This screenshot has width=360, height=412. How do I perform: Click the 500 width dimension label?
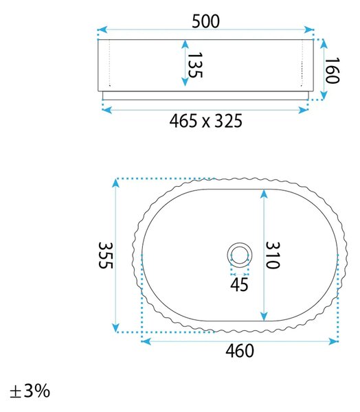(205, 21)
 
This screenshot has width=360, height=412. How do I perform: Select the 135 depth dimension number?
(195, 65)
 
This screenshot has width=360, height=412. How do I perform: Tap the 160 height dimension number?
(332, 71)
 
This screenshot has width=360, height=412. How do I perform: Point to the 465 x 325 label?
(205, 121)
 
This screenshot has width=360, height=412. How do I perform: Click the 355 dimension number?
(106, 255)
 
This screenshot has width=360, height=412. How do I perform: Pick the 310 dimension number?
(273, 255)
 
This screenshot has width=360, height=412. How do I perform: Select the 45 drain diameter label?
(239, 284)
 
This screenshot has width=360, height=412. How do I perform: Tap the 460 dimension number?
(240, 351)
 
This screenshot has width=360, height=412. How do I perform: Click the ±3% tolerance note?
(30, 391)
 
